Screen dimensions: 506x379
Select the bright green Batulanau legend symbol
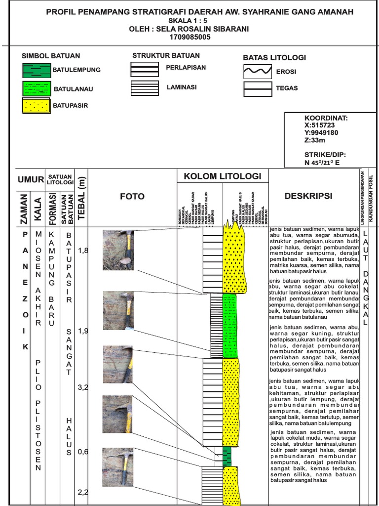click(37, 89)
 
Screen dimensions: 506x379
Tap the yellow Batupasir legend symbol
click(37, 106)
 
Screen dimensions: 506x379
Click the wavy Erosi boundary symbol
click(257, 72)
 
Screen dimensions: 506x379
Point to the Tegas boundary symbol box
click(257, 89)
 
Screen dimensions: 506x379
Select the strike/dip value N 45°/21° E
click(322, 162)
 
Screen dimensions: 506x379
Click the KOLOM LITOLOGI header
click(223, 176)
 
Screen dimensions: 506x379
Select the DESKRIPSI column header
click(308, 196)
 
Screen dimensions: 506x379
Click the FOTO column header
click(132, 196)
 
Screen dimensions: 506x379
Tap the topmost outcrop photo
click(118, 250)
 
